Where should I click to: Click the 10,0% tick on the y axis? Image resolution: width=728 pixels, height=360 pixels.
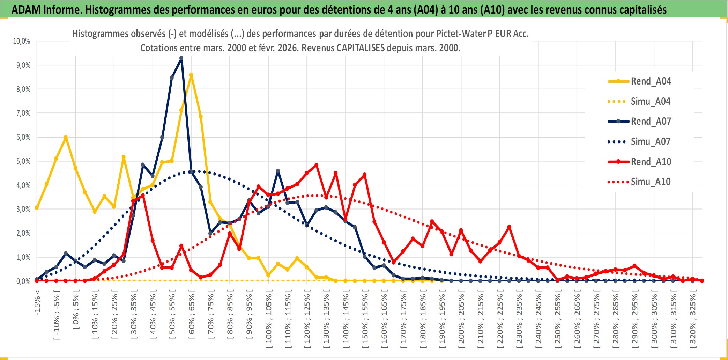click(22, 41)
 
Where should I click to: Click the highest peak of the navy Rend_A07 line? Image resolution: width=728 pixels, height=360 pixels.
click(181, 58)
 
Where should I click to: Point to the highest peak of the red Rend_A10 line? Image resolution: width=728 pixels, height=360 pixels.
click(316, 165)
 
